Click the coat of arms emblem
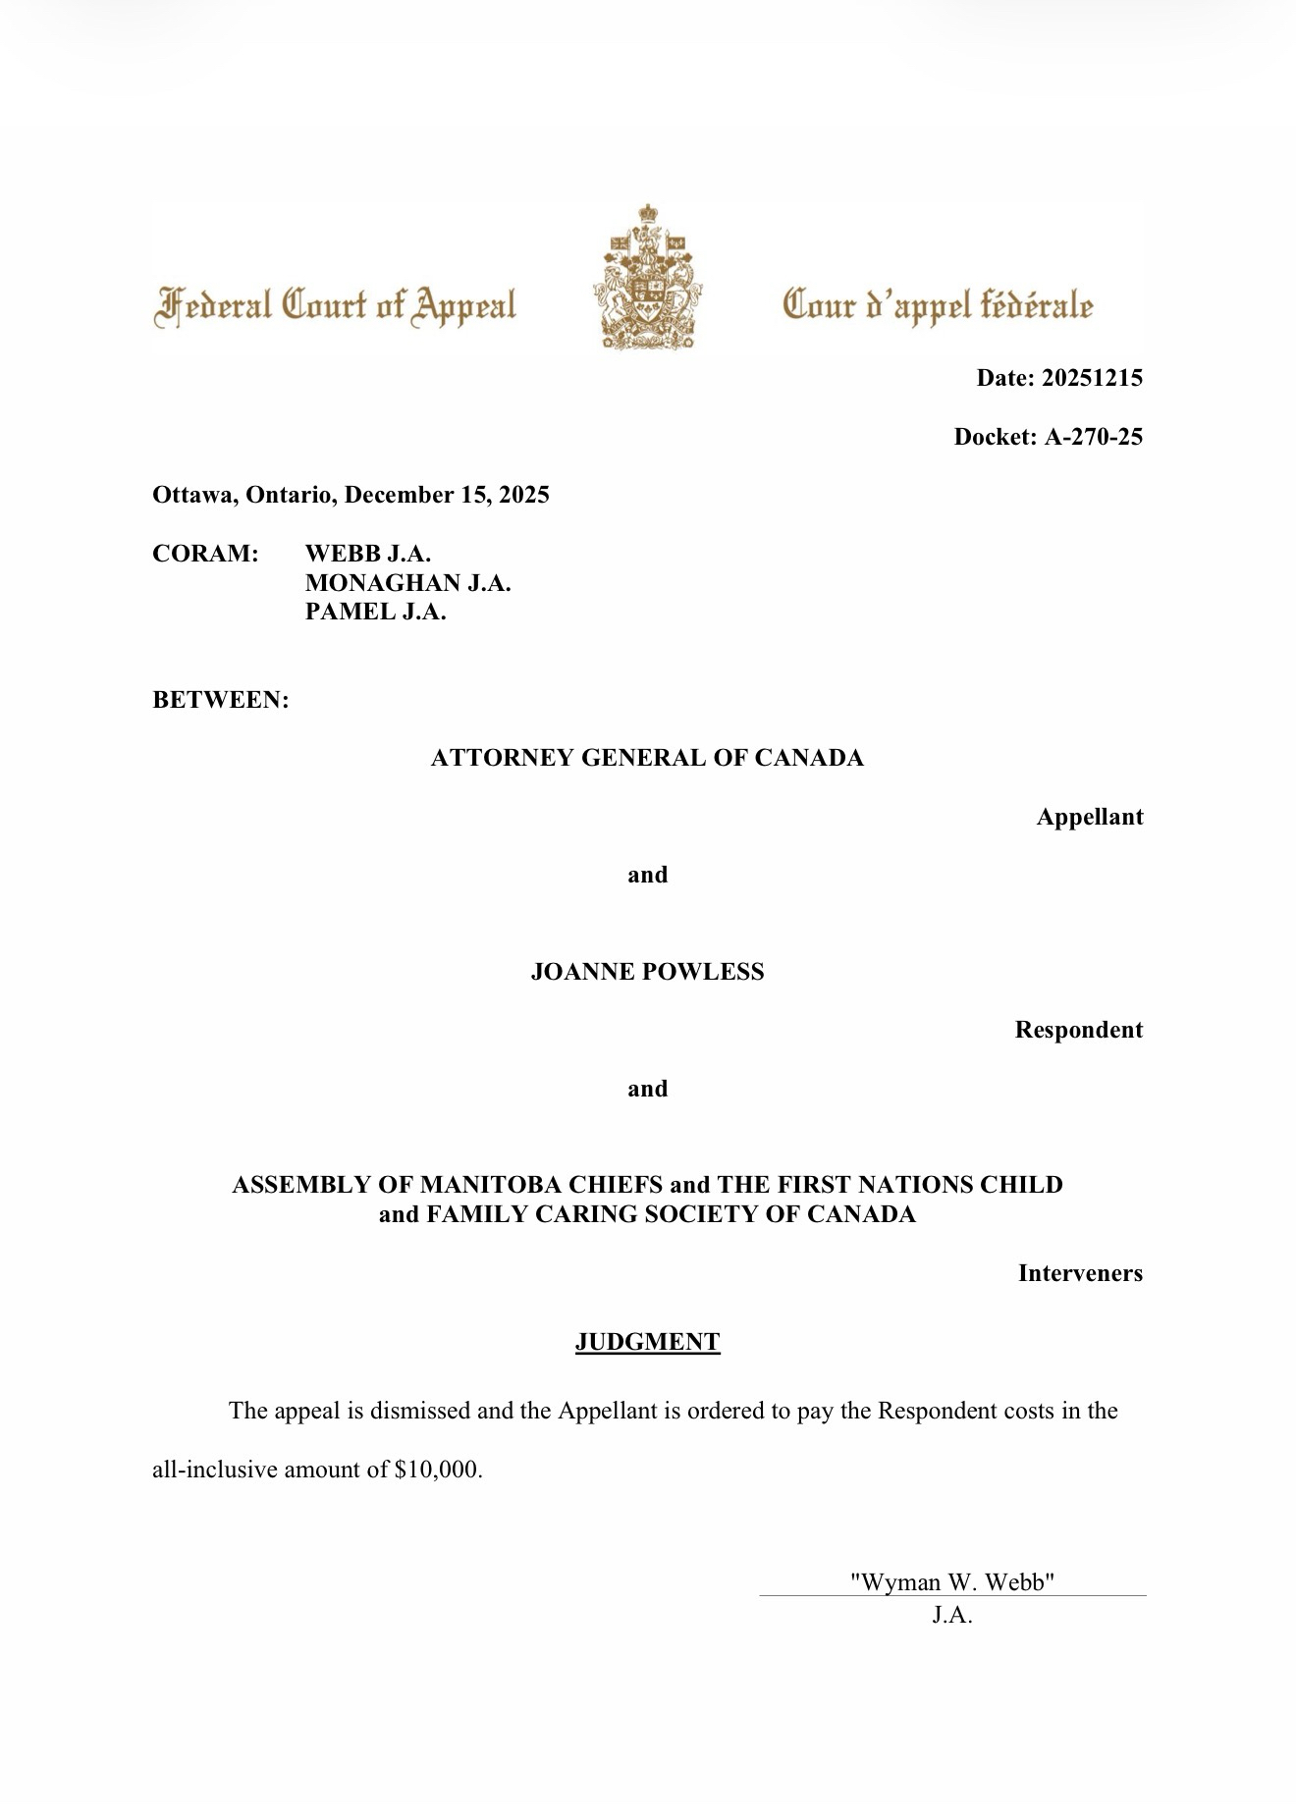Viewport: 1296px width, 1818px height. point(647,278)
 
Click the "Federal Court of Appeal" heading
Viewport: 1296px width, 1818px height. point(335,305)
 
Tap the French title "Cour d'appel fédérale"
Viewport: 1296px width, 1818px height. point(937,305)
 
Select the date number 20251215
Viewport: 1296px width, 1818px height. point(1091,378)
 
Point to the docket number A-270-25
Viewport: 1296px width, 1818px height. point(1093,437)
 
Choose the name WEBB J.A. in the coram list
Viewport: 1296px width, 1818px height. point(368,554)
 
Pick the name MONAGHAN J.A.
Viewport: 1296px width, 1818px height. point(407,583)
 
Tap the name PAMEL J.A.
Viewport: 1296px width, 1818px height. point(375,612)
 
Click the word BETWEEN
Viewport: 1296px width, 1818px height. point(221,700)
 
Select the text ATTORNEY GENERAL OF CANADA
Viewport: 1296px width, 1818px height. point(647,758)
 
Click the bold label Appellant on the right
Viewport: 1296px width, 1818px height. point(1089,817)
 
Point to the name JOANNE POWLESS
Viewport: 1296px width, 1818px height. point(647,972)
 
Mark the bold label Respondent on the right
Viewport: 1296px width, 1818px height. point(1078,1030)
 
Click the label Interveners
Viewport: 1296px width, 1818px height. point(1080,1273)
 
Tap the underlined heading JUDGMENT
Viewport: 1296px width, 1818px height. point(647,1342)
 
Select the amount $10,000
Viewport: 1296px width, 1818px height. point(438,1470)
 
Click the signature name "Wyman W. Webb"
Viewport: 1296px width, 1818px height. point(951,1581)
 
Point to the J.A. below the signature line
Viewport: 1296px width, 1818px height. point(951,1615)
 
